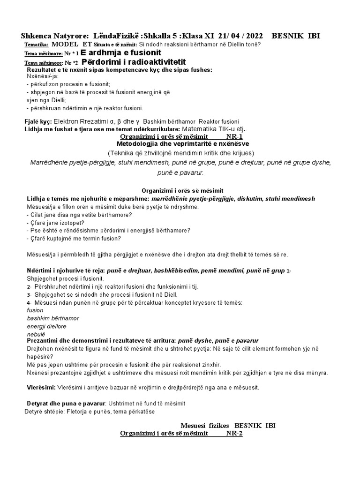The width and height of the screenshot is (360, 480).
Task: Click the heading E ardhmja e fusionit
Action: (121, 53)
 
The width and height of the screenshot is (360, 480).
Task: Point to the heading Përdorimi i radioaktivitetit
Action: (135, 62)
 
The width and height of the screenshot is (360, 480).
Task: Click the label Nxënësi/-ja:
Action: (42, 77)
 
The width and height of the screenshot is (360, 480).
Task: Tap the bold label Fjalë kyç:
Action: (38, 121)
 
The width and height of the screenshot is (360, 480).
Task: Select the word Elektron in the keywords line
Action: (70, 121)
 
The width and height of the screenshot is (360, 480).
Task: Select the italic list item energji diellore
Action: (47, 326)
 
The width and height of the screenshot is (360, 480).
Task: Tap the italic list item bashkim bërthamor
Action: (53, 318)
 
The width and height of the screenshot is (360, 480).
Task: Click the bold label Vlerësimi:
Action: (41, 388)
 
